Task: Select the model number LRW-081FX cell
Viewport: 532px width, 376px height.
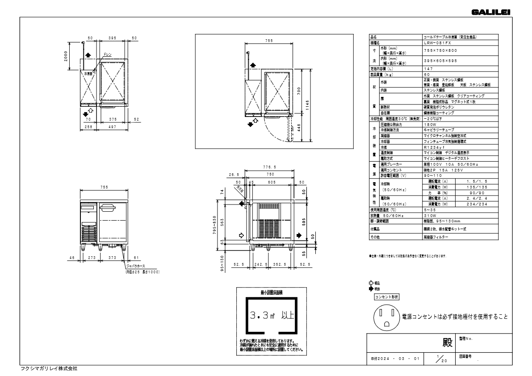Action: [437, 43]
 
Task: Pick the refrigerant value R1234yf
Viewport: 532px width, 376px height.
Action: [436, 146]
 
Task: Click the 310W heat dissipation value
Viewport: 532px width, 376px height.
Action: [429, 216]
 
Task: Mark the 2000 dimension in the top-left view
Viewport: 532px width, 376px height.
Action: [66, 56]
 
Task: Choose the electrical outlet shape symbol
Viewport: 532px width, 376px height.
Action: [386, 316]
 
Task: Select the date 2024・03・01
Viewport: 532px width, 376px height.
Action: [395, 358]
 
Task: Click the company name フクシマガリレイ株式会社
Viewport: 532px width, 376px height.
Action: [49, 368]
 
